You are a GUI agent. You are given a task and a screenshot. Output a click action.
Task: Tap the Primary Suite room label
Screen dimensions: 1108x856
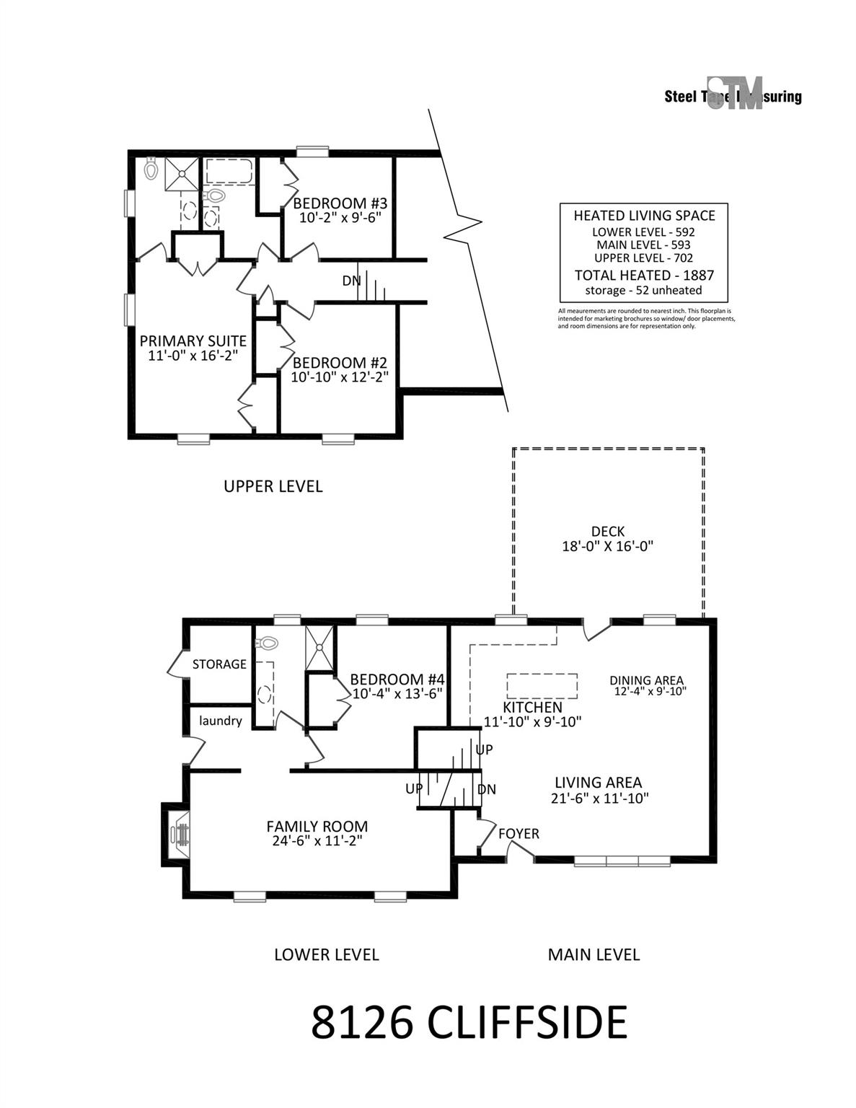coord(193,341)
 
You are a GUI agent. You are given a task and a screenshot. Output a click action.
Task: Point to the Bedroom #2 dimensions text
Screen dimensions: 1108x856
coord(340,377)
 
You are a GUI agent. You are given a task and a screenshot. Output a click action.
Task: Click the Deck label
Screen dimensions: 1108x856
coord(607,532)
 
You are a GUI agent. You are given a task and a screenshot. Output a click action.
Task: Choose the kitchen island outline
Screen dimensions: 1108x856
coord(542,685)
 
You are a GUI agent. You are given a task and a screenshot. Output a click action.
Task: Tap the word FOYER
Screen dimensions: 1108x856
coord(519,834)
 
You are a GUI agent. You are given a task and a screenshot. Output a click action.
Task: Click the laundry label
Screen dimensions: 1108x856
coord(220,721)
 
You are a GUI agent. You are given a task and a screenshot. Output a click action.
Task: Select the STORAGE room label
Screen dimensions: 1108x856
coord(219,664)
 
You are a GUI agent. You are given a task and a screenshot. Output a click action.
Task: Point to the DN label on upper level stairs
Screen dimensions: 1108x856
coord(351,281)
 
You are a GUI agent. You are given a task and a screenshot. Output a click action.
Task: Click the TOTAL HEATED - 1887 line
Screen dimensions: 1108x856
coord(644,275)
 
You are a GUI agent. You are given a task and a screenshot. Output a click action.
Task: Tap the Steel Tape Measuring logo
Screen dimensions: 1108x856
coord(733,94)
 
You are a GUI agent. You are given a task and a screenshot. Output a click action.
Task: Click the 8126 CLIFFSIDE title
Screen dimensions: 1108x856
coord(469,1022)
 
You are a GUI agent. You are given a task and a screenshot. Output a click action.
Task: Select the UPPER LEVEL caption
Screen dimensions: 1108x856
coord(273,486)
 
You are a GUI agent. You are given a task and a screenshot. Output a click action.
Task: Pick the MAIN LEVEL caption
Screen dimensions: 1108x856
coord(594,954)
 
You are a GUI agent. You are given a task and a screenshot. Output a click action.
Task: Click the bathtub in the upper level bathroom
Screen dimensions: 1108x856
coord(229,173)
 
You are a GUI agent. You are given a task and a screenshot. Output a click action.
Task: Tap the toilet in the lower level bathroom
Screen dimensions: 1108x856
coord(266,641)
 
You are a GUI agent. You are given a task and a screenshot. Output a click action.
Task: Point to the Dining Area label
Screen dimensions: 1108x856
coord(646,680)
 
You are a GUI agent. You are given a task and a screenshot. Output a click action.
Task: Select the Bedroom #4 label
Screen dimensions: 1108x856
coord(397,679)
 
